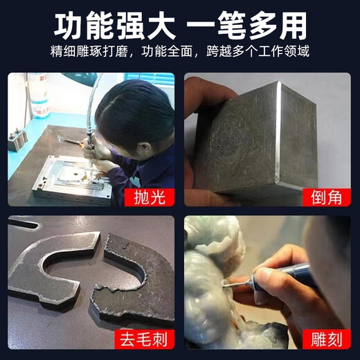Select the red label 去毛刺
tap(143, 339)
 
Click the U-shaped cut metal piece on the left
tap(59, 267)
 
